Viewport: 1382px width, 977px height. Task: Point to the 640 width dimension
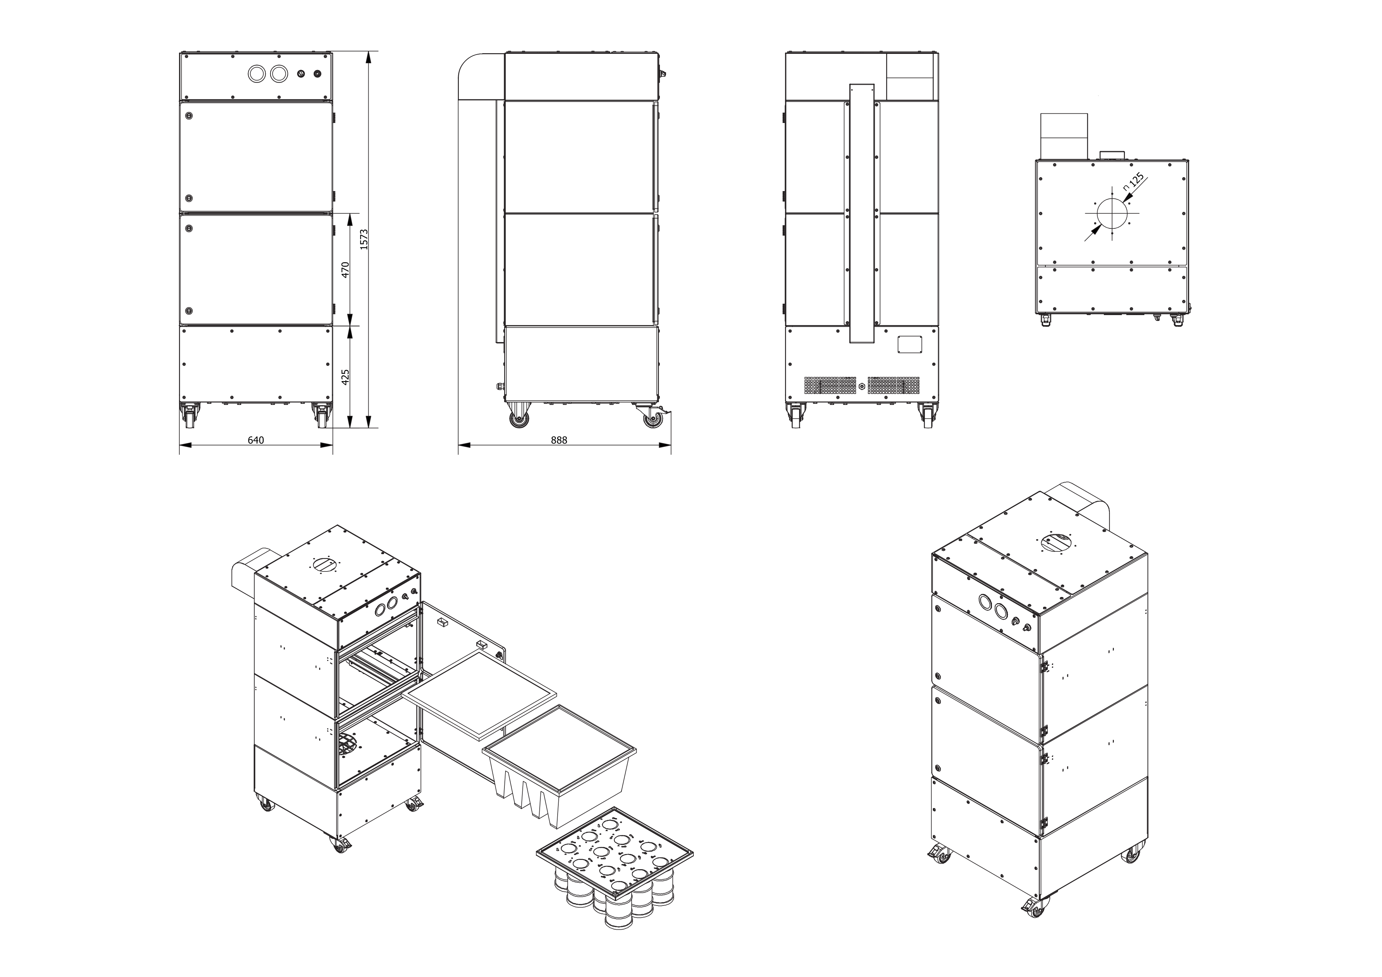pos(256,440)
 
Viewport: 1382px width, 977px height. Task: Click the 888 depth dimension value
pos(559,440)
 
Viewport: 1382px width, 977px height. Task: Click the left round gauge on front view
pos(256,74)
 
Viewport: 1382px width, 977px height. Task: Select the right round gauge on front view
pos(279,74)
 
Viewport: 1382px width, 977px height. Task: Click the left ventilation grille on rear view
pos(830,386)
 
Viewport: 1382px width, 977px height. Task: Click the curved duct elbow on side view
pos(479,75)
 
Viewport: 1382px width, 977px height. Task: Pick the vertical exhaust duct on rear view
pos(861,214)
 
